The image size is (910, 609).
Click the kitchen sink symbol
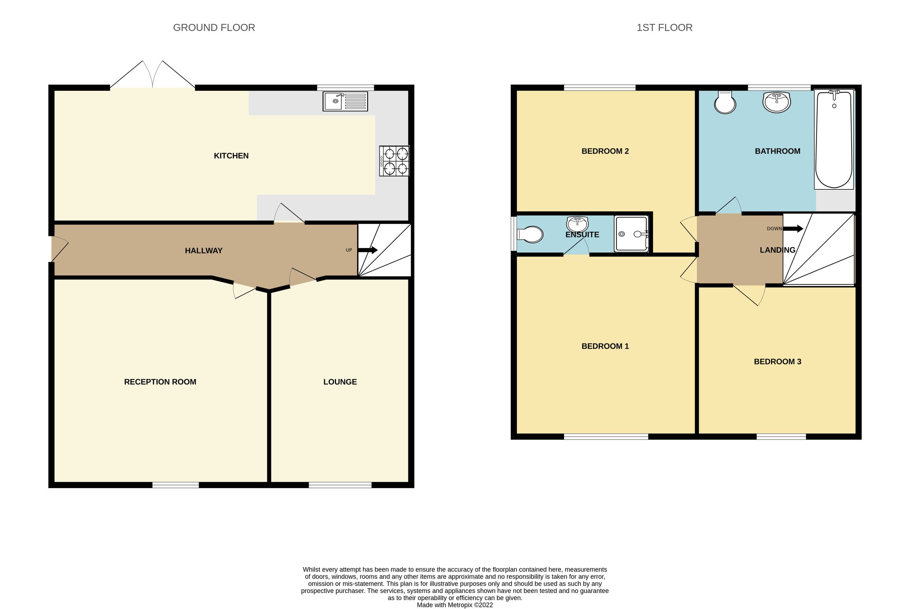coord(345,101)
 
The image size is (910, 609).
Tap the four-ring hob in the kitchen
coord(394,161)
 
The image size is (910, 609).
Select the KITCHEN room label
coord(231,156)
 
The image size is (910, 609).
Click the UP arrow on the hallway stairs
coord(367,250)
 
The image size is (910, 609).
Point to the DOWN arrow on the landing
coord(792,229)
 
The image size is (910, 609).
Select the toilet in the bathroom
coord(725,103)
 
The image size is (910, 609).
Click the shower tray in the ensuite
coord(631,234)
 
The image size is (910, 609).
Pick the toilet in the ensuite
coord(530,234)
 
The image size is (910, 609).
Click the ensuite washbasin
coord(577,224)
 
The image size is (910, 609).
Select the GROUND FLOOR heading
coord(214,28)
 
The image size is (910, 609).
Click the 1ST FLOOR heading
coord(664,28)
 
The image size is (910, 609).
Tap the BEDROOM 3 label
coord(777,362)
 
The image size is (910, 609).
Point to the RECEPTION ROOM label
coord(160,382)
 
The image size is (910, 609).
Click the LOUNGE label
coord(340,382)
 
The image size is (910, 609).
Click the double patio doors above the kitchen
coord(152,76)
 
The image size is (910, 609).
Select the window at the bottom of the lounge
coord(340,485)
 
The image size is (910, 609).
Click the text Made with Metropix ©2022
coord(455,605)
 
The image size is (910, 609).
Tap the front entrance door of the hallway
coord(60,249)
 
